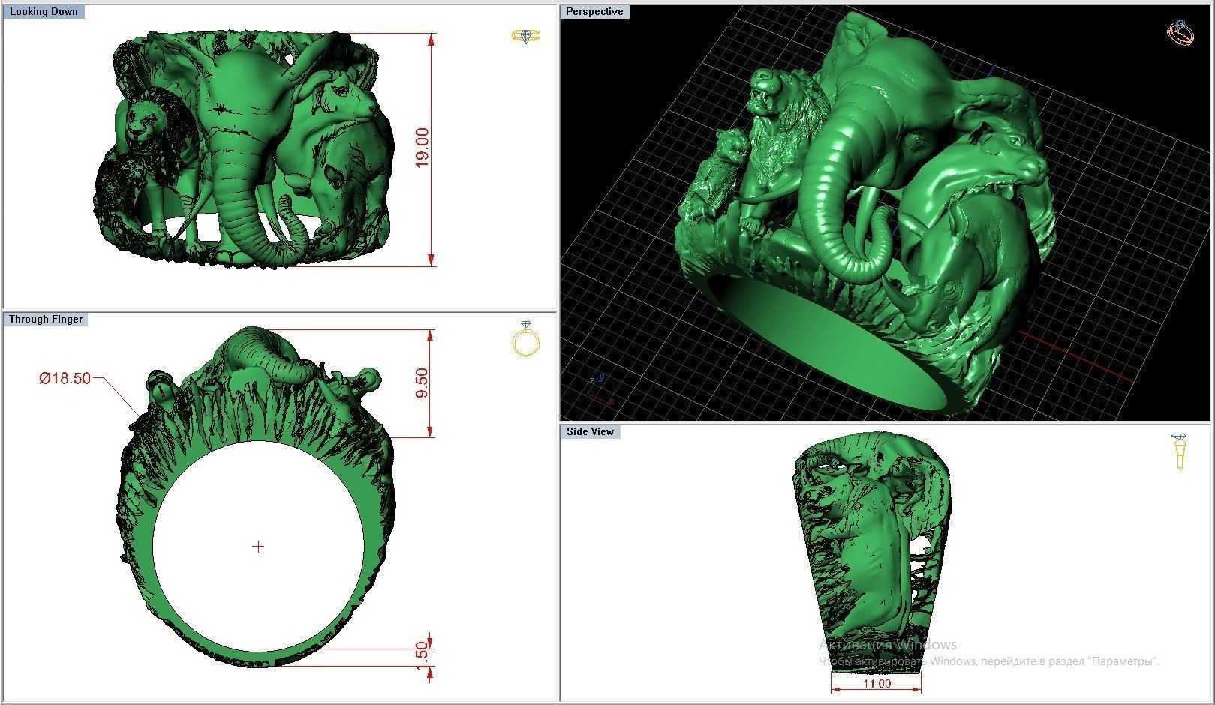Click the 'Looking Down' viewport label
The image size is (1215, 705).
tap(44, 12)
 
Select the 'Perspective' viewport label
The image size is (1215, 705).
tap(594, 12)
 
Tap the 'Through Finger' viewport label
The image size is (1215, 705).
tap(46, 319)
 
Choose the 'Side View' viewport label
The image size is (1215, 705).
tap(591, 432)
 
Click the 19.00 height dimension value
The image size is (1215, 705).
tap(423, 148)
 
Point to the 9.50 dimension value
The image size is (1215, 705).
tap(422, 383)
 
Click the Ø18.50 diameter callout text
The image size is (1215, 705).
tap(65, 378)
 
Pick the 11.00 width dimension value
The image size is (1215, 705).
tap(877, 684)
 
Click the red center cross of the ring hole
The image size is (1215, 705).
tap(258, 547)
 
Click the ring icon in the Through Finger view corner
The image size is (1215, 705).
tap(526, 339)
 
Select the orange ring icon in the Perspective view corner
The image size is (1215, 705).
tap(1180, 33)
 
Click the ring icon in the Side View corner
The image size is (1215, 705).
tap(1179, 450)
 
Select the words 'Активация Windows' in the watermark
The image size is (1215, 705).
tap(888, 645)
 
